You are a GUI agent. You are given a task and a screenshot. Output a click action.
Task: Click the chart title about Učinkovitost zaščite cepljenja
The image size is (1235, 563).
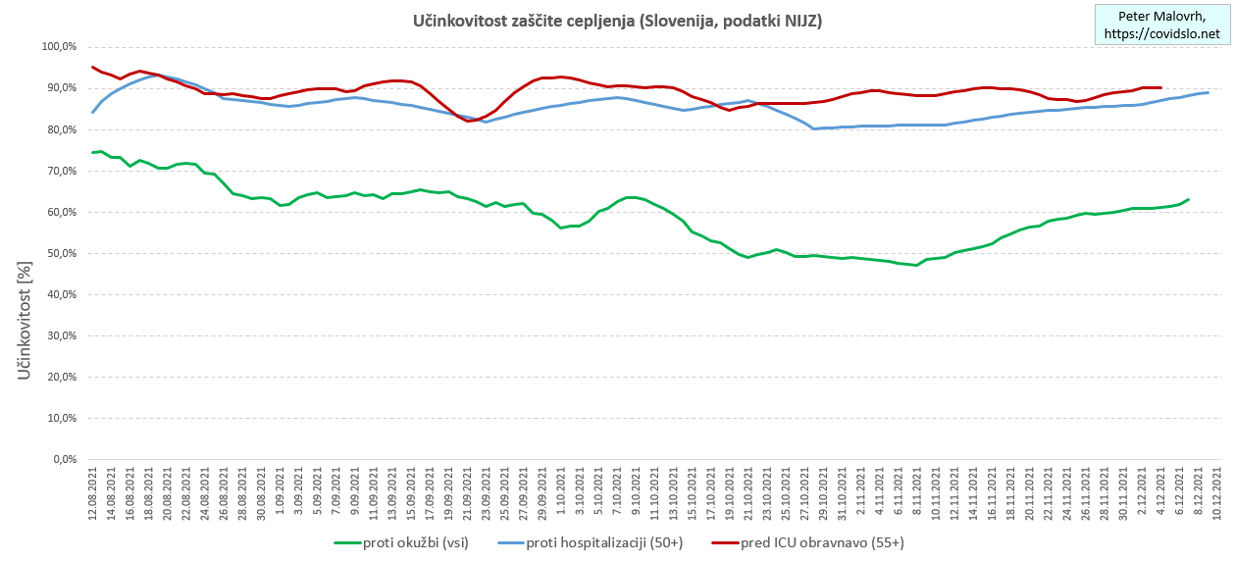(617, 21)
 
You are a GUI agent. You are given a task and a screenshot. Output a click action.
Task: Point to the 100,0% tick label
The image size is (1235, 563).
(60, 47)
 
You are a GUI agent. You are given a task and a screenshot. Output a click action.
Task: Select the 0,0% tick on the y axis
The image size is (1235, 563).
(66, 459)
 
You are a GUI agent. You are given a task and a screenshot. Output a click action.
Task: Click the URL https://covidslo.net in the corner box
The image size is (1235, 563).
(1162, 33)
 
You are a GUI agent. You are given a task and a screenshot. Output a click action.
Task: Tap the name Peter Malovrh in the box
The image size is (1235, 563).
(1162, 16)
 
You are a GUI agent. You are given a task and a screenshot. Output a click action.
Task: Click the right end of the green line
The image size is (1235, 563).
(1189, 200)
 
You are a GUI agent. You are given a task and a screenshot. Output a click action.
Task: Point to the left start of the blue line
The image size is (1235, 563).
(93, 112)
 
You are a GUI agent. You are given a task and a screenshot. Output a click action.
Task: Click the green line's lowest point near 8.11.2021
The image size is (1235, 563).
(916, 265)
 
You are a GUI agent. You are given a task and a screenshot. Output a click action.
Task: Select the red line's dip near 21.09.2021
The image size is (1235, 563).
(469, 121)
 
